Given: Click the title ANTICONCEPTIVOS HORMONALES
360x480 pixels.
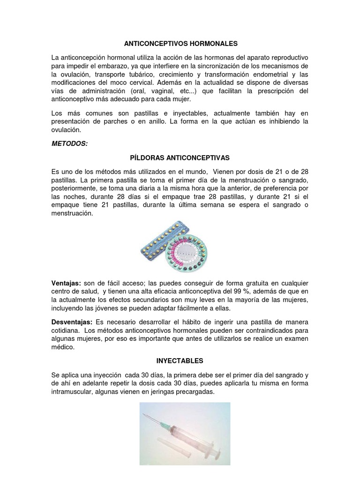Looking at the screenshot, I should click(180, 44).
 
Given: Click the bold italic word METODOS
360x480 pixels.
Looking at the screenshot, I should click(69, 143).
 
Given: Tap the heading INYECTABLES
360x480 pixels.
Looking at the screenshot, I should click(180, 361).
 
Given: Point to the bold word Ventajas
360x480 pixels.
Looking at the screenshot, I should click(66, 283).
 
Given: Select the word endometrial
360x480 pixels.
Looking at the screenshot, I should click(267, 74).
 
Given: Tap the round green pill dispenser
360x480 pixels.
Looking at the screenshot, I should click(190, 251).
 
